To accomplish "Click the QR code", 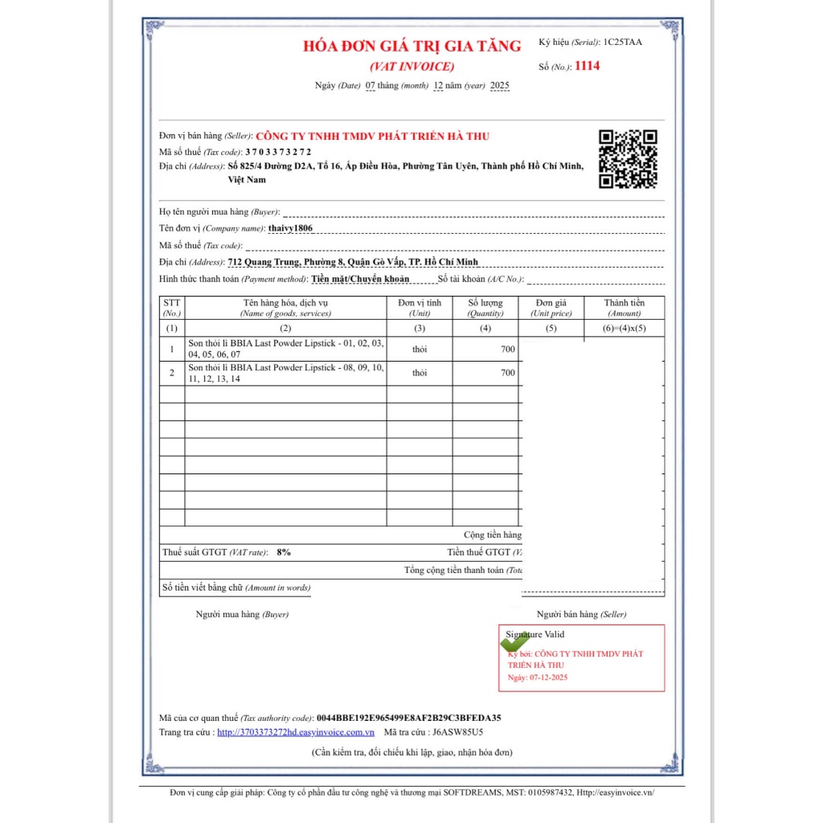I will (628, 158).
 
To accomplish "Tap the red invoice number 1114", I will (587, 66).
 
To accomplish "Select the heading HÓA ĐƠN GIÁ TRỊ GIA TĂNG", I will (411, 46).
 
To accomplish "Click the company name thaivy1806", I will (290, 228).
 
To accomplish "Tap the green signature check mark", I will (514, 642).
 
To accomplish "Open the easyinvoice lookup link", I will (296, 732).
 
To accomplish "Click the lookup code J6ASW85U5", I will (457, 732).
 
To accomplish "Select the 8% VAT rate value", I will (283, 552).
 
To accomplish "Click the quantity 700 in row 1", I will (507, 349).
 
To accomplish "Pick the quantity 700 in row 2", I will (507, 373).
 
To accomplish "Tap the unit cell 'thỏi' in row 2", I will (420, 373).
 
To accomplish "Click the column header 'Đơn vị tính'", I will (420, 303).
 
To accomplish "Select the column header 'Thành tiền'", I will (624, 303).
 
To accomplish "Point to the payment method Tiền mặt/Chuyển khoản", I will (360, 279).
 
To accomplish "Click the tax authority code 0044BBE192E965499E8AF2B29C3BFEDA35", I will (409, 718).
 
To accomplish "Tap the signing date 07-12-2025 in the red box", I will (548, 678).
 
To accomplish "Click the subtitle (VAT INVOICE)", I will (411, 66).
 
